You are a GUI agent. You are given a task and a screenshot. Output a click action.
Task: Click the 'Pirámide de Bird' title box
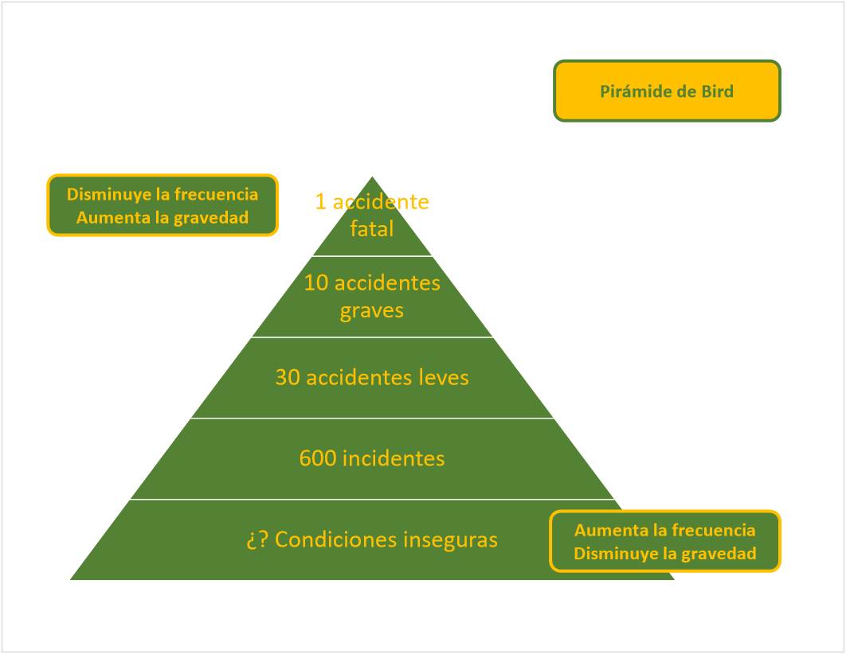click(667, 91)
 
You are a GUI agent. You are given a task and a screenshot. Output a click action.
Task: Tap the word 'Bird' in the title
click(716, 91)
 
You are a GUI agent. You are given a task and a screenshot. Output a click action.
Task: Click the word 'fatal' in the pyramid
click(372, 229)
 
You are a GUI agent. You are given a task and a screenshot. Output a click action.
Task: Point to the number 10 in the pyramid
click(316, 282)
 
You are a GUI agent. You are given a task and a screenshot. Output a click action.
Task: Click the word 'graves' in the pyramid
click(372, 309)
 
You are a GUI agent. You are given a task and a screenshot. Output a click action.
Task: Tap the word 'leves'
click(443, 377)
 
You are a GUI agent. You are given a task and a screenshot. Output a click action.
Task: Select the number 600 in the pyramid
click(317, 458)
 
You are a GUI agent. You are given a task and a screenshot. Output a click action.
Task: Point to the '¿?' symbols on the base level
click(258, 539)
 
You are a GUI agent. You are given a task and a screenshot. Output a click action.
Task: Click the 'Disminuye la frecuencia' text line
click(163, 194)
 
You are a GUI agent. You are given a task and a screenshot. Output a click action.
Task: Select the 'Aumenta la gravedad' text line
click(163, 217)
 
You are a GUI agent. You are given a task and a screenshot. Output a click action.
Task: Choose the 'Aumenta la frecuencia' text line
click(665, 531)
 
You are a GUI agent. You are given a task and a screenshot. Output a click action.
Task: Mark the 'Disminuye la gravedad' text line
click(665, 554)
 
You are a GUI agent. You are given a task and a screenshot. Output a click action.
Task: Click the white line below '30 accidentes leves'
click(372, 418)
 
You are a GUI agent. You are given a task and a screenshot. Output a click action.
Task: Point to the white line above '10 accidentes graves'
click(372, 256)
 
